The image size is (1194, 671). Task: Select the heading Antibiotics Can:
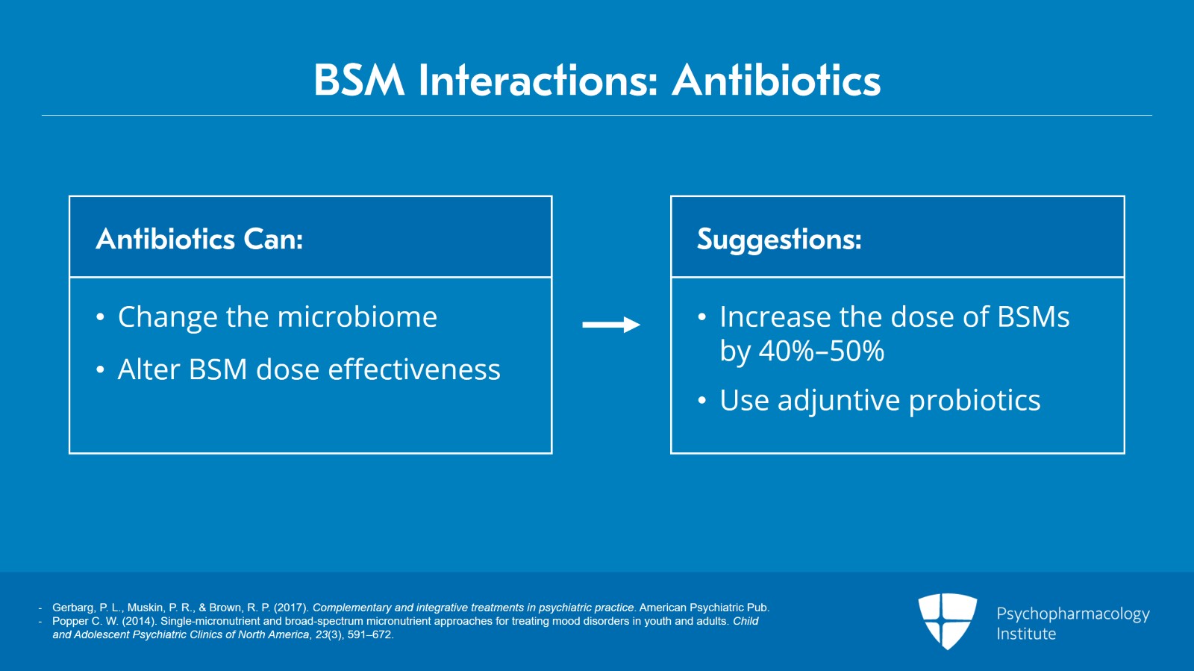tap(199, 239)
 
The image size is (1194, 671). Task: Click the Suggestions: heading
tap(779, 240)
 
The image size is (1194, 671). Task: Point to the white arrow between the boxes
tap(611, 324)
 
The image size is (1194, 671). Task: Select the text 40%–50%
tap(822, 351)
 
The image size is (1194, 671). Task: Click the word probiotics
tap(975, 401)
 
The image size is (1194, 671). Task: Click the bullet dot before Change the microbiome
tap(100, 317)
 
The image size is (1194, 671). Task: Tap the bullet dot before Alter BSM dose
tap(100, 369)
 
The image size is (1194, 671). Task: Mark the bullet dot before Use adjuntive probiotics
tap(702, 400)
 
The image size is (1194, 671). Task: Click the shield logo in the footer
tap(947, 621)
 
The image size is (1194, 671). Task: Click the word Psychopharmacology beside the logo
tap(1073, 614)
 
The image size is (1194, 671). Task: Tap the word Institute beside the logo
tap(1026, 634)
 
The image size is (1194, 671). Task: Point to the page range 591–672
tap(369, 634)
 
